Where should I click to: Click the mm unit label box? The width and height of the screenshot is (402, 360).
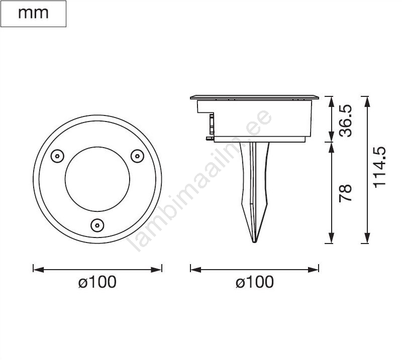(x=33, y=14)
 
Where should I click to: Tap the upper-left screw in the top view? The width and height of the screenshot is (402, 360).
(x=57, y=156)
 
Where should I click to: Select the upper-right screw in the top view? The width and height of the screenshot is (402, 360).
(x=137, y=156)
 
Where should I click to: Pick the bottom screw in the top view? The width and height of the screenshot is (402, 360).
(x=97, y=225)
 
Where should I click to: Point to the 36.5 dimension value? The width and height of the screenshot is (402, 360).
(x=345, y=121)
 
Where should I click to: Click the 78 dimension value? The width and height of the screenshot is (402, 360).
(x=345, y=193)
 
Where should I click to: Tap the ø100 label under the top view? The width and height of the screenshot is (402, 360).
(x=97, y=282)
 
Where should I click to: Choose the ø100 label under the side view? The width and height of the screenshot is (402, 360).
(x=255, y=282)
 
